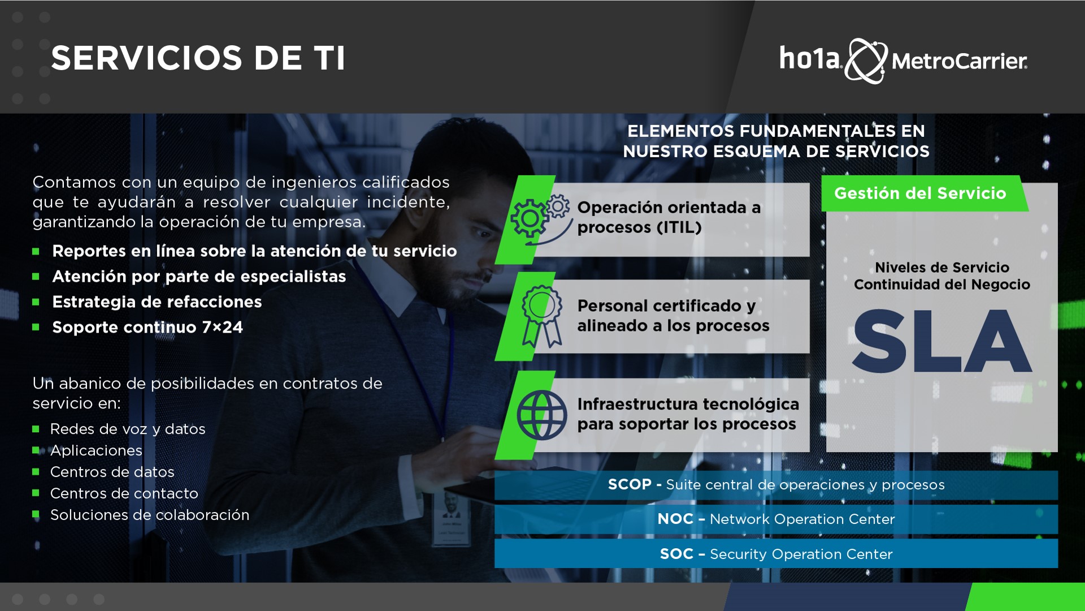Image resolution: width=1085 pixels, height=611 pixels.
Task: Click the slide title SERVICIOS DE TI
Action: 198,58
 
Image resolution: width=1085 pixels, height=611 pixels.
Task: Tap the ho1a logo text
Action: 810,58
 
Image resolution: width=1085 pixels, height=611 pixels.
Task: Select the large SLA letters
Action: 942,341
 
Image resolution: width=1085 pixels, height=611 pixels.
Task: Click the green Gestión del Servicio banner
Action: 925,193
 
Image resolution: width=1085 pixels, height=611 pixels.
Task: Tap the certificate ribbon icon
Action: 541,316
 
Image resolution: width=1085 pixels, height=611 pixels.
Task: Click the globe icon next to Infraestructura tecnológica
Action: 541,415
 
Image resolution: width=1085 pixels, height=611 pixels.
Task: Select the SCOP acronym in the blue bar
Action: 630,485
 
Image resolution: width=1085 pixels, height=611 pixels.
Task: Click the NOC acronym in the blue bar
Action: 675,519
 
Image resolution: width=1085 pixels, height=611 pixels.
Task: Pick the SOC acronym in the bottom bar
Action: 676,554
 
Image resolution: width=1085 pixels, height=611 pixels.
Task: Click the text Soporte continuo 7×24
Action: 147,328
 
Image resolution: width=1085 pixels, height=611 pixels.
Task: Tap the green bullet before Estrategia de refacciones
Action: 36,302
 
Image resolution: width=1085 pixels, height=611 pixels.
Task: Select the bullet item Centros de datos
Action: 112,472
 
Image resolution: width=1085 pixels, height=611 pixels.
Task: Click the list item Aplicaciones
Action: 96,451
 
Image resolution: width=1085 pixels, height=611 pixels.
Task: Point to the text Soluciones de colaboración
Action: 150,515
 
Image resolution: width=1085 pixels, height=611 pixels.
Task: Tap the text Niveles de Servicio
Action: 942,268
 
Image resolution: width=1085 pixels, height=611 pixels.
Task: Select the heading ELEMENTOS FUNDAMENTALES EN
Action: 776,131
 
